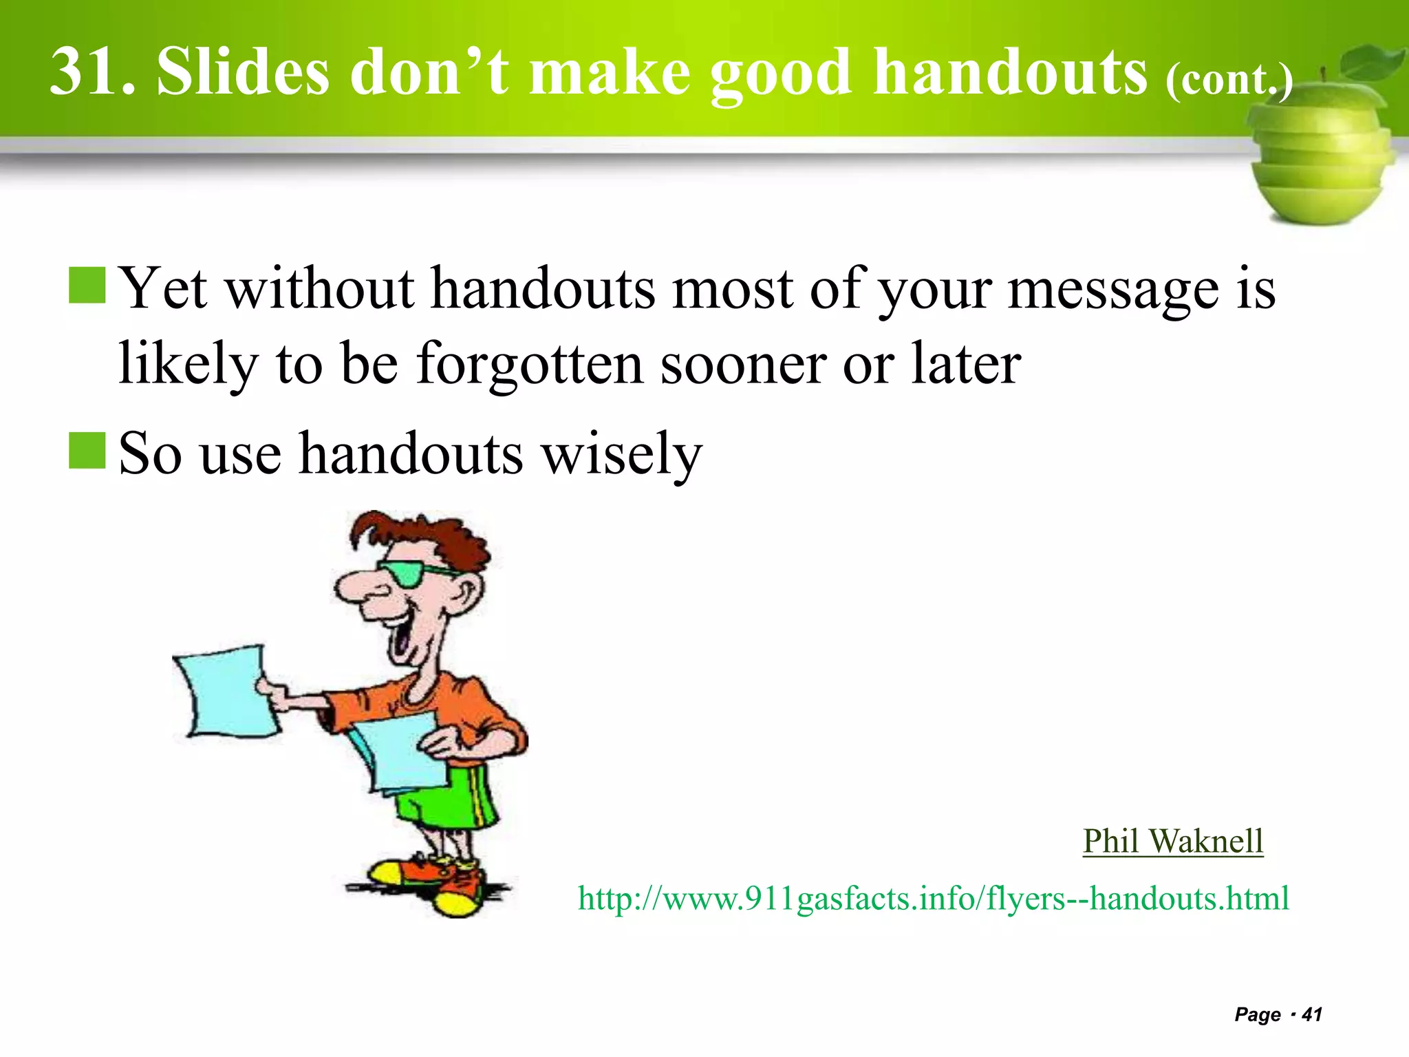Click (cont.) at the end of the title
coord(1229,79)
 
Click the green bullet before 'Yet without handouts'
coord(87,286)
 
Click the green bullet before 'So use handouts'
coord(87,451)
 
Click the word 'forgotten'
coord(530,365)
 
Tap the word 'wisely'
coord(622,454)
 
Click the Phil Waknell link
coord(1172,841)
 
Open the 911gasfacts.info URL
coord(933,898)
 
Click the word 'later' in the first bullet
coord(966,365)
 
